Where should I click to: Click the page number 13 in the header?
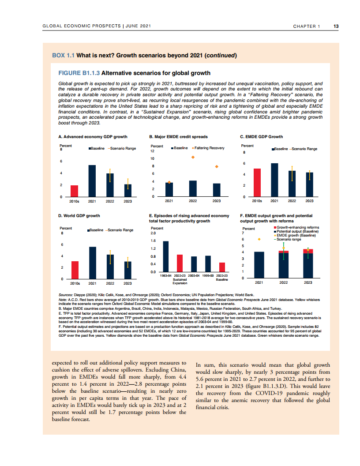point(336,26)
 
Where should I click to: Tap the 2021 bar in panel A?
point(92,180)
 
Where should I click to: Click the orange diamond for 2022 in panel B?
point(193,157)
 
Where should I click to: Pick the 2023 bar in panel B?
point(217,190)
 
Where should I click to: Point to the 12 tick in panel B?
point(153,150)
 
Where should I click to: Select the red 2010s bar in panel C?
point(257,182)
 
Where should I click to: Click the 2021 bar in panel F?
point(259,265)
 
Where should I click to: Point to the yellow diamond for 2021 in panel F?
point(259,239)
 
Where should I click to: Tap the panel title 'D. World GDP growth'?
point(79,215)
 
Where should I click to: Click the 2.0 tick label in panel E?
point(154,233)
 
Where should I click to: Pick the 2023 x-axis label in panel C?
point(309,200)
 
